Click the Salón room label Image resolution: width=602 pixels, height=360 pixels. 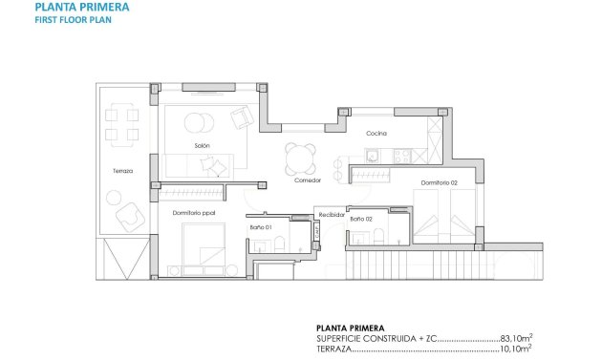tap(202, 146)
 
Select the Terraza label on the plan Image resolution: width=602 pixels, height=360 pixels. tap(121, 171)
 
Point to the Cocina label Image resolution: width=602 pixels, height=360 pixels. tap(376, 134)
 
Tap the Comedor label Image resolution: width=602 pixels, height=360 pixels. tap(307, 180)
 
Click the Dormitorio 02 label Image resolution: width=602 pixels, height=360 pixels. tap(440, 181)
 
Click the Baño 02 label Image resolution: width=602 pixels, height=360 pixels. tap(360, 219)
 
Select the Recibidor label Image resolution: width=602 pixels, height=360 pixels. tap(331, 215)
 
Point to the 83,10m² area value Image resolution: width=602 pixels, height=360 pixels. tap(517, 338)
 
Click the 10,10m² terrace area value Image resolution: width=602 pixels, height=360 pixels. tap(517, 350)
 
